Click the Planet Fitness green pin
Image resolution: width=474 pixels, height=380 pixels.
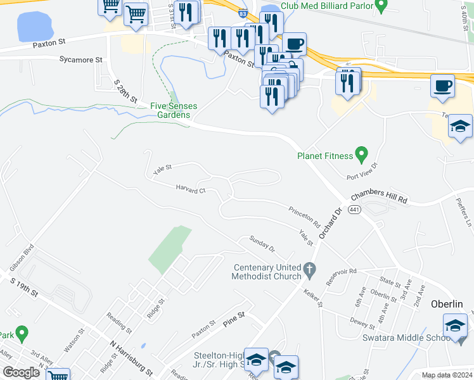coord(361,153)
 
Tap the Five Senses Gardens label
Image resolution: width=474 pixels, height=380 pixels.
coord(170,110)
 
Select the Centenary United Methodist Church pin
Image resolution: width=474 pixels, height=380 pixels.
coord(309,270)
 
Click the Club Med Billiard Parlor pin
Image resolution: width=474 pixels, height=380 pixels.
coord(381,6)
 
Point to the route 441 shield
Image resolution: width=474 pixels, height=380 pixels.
coord(354,210)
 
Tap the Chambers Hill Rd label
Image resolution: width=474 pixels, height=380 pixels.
coord(378,197)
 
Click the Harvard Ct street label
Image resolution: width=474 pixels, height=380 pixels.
coord(191,189)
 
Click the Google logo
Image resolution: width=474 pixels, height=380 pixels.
coord(21,372)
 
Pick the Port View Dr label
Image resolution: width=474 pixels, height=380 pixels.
coord(361,172)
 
